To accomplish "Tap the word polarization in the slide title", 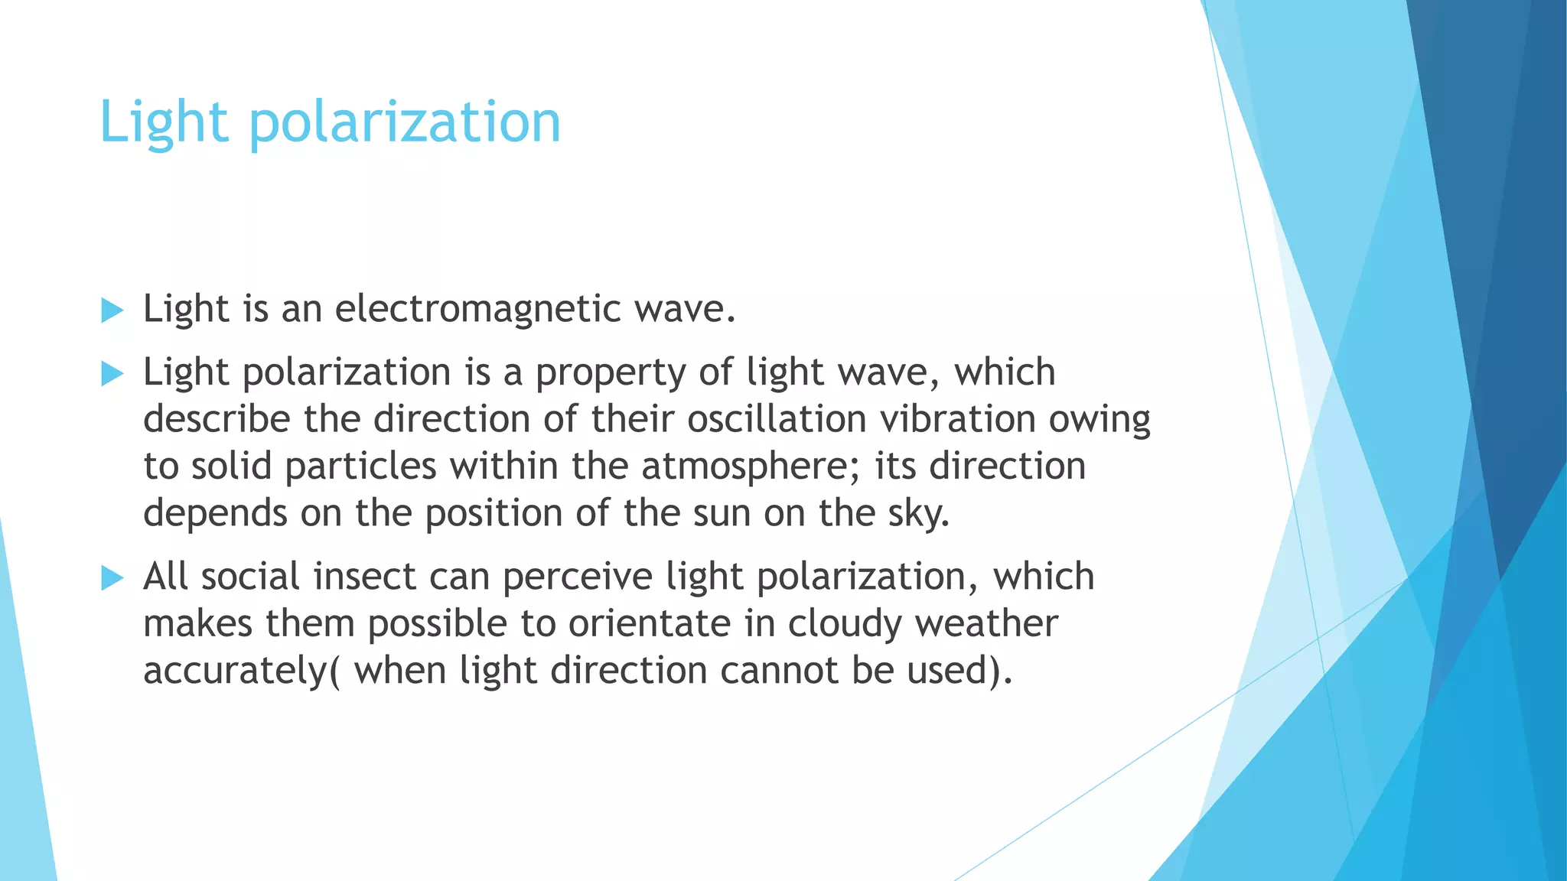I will pos(405,124).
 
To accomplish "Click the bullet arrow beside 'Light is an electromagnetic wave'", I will pos(112,310).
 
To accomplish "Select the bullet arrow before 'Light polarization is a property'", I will pos(112,374).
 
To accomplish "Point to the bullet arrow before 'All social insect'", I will pos(112,578).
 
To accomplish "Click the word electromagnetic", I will pos(477,309).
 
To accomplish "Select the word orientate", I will pos(649,623).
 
